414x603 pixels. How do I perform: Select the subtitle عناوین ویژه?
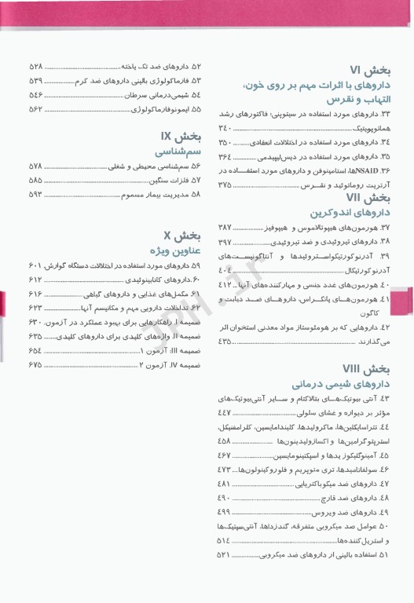(x=170, y=249)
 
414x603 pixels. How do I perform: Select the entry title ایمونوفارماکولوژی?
(x=157, y=109)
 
